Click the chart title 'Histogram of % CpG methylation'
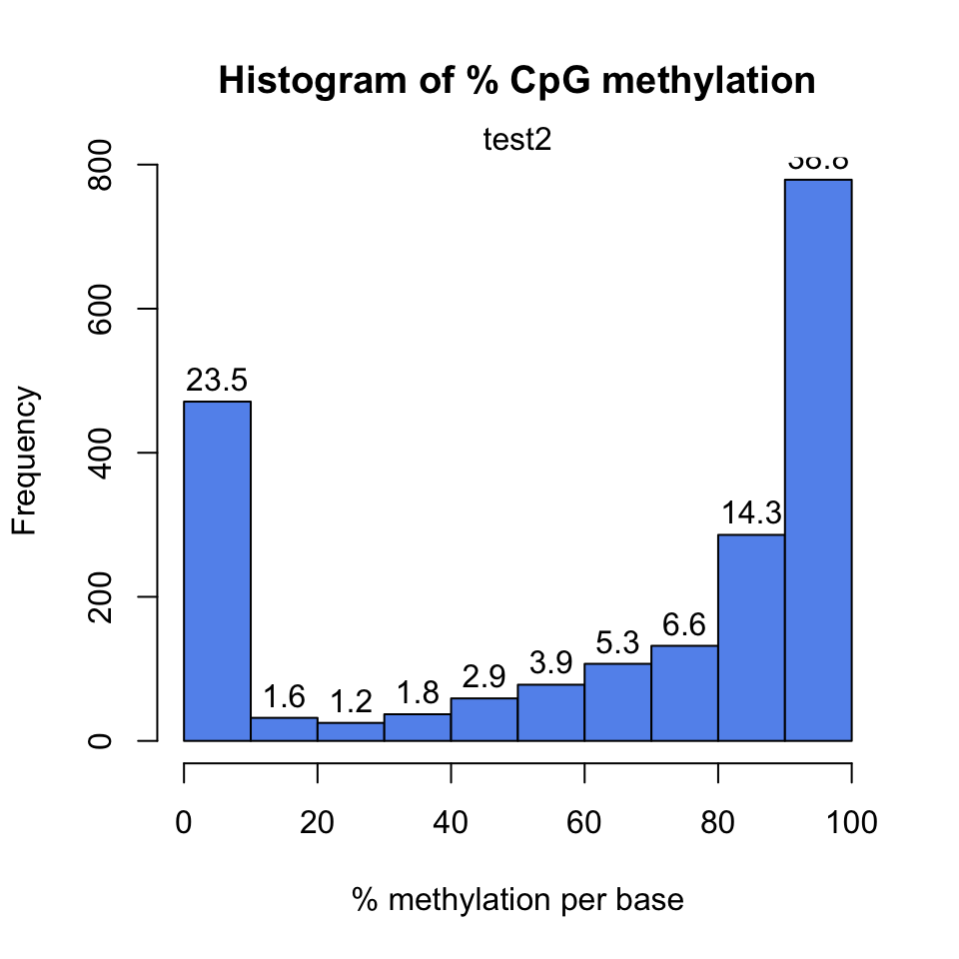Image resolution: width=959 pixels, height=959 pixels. tap(516, 81)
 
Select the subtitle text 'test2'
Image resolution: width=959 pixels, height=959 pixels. tap(516, 140)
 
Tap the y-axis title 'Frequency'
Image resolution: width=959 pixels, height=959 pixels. tap(26, 461)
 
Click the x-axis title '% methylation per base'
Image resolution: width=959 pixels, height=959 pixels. tap(517, 900)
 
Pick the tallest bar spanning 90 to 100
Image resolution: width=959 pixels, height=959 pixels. tap(818, 460)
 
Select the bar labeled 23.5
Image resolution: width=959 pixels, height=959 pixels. tap(217, 570)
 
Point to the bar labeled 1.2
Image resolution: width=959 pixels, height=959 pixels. tap(351, 731)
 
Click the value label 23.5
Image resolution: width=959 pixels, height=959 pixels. tap(217, 381)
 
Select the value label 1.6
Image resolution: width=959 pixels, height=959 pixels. tap(284, 697)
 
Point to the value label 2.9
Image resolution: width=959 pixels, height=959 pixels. tap(483, 677)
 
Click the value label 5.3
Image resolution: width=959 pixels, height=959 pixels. tap(617, 643)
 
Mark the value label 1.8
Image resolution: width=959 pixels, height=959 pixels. tap(418, 693)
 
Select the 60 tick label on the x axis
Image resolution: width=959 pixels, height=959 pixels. tap(584, 823)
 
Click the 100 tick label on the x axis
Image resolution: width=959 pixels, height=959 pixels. tap(851, 823)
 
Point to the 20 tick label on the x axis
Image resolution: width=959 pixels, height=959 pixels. tap(318, 823)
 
